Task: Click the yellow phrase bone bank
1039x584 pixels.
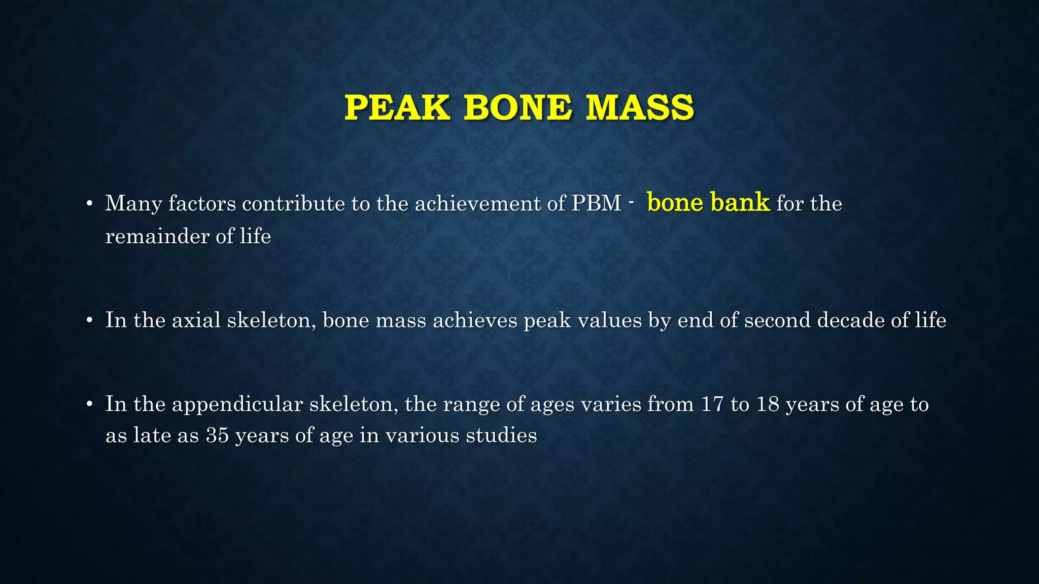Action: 708,202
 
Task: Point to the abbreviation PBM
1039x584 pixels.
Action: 597,204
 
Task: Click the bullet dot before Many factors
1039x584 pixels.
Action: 89,204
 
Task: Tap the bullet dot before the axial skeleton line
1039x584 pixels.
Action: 89,321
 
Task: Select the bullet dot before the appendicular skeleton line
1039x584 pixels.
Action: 89,405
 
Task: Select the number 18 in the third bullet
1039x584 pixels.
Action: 768,405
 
